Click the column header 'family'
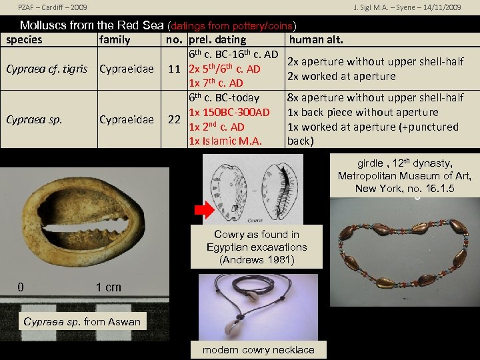tap(115, 40)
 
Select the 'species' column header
tap(24, 40)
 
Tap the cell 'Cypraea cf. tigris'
tap(46, 69)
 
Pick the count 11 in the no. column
tap(175, 69)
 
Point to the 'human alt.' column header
tap(317, 40)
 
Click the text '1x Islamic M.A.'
tap(225, 141)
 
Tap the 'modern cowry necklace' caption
tap(258, 350)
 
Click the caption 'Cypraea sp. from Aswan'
tap(82, 322)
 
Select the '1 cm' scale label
tap(109, 287)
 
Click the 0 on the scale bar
tap(21, 287)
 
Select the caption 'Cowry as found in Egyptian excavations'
tap(257, 247)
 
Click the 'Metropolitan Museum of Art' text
tap(404, 176)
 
